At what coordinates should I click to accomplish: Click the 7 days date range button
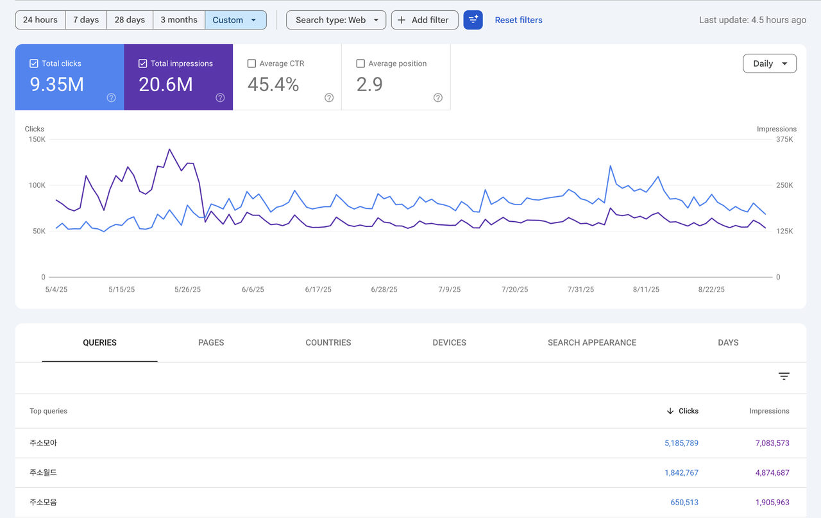coord(86,20)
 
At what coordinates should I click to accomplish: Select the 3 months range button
coord(179,20)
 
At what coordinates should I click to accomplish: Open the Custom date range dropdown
coord(235,20)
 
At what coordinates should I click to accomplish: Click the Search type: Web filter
coord(336,20)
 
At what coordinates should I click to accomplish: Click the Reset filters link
coord(518,20)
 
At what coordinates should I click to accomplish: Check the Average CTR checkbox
coord(251,63)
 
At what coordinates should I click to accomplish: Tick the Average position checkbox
coord(360,63)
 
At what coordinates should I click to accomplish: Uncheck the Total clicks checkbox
coord(34,63)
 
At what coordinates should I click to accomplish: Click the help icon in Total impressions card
coord(220,97)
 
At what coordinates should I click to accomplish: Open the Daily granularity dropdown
coord(770,63)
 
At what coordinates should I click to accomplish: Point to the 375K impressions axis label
coord(784,139)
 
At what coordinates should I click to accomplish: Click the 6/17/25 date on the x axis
coord(318,289)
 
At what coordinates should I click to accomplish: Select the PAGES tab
coord(211,342)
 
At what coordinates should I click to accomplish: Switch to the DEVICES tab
coord(450,342)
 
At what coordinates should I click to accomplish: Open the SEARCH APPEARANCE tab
coord(592,342)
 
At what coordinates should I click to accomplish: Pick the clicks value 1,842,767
coord(681,472)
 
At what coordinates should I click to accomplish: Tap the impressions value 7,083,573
coord(772,443)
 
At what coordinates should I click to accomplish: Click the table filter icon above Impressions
coord(784,376)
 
